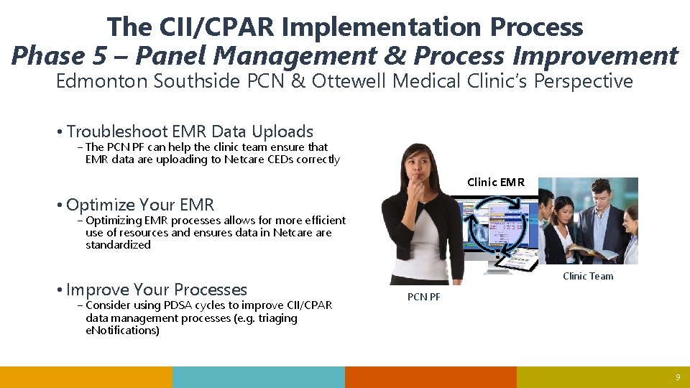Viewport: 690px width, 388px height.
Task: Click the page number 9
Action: tap(677, 378)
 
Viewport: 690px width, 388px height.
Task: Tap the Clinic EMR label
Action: tap(496, 183)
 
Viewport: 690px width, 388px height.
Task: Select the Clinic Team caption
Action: tap(588, 276)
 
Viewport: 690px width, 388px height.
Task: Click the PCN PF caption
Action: tap(424, 297)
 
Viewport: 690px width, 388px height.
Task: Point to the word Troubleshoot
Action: tap(117, 131)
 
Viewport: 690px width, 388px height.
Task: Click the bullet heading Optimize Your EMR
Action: tap(140, 205)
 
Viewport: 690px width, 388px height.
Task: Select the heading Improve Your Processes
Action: tap(157, 290)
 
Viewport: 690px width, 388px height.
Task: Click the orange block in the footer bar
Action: tap(86, 377)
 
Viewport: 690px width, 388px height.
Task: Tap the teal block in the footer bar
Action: tap(259, 377)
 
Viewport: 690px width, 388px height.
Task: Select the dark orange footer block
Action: tap(431, 377)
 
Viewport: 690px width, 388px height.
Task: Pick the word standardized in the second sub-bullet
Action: tap(118, 245)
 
